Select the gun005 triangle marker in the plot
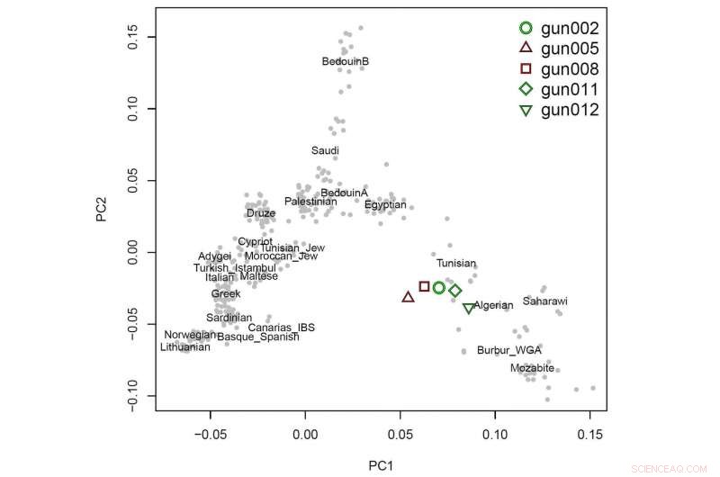coord(408,296)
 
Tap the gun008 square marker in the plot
coord(424,286)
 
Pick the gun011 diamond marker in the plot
coord(455,291)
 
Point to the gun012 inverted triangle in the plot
coord(468,309)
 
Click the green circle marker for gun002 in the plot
coord(439,288)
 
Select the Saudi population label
coord(325,150)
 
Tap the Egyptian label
coord(385,205)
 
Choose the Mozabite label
coord(532,368)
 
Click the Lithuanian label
coord(184,347)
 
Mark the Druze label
coord(261,214)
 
